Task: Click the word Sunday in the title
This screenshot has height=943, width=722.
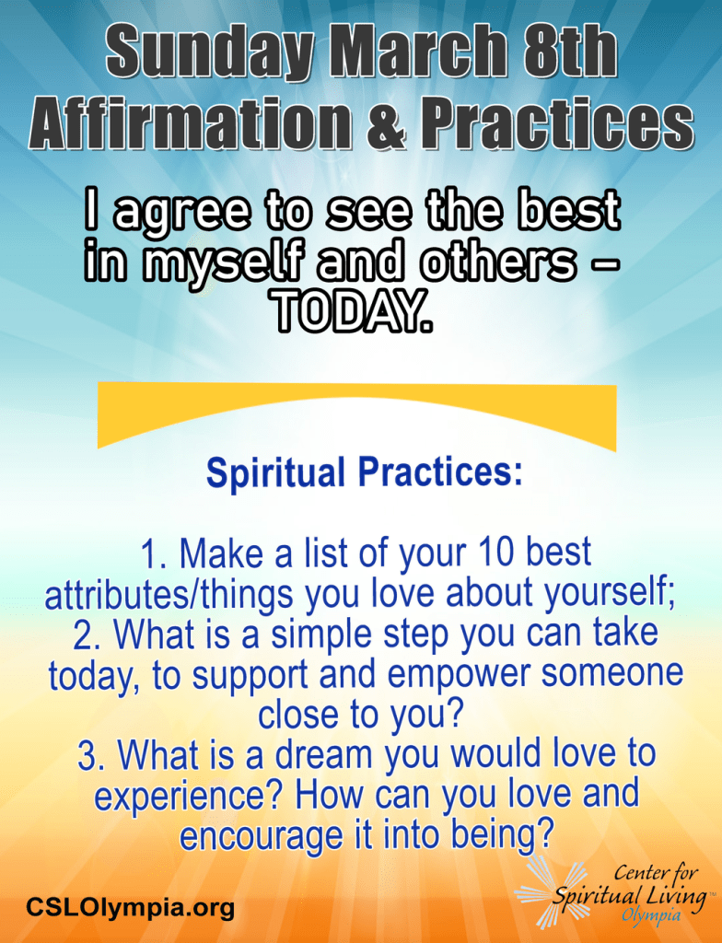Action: (x=209, y=52)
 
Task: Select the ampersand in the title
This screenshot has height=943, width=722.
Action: (x=386, y=124)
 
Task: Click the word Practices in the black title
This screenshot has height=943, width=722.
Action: (x=556, y=124)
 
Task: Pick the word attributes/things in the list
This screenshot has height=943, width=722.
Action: (x=169, y=593)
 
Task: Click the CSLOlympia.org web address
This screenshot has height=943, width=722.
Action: (x=130, y=907)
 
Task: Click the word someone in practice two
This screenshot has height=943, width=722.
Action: (x=611, y=673)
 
